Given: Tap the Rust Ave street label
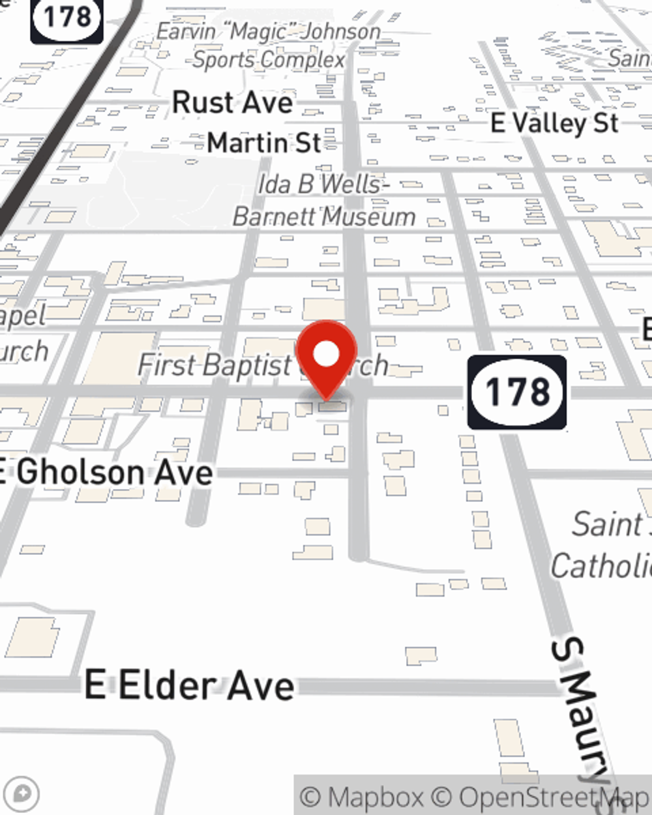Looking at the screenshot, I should coord(233,103).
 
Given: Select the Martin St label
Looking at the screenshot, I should coord(264,143).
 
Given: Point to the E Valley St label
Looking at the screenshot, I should coord(555,123).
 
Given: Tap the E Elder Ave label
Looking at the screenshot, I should coord(190,686).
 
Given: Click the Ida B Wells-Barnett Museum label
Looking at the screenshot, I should coord(324,200).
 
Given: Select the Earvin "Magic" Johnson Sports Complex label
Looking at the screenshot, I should coord(269,46).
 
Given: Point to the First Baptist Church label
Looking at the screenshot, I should coord(261,365).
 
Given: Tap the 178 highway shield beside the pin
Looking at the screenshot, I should coord(517,393).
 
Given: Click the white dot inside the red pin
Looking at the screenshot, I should coord(327,355).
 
